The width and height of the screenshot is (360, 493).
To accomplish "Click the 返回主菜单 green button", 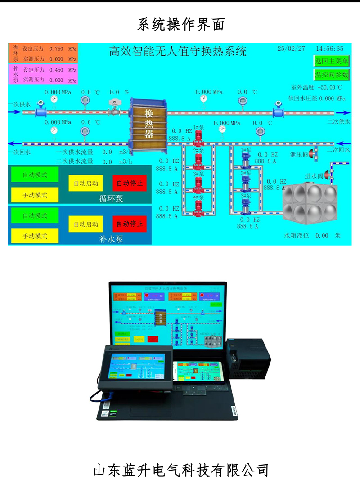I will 332,61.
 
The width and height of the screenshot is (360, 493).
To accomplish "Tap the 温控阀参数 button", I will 332,74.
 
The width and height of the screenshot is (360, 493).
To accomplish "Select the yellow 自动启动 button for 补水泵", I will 85,224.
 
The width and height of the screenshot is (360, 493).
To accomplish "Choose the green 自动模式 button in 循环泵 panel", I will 35,175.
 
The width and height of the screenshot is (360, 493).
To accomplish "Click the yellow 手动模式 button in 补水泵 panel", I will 35,236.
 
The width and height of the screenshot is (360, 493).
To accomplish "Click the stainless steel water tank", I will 310,202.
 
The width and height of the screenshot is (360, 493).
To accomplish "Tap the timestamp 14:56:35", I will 329,49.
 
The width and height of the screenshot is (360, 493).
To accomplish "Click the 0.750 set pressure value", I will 56,49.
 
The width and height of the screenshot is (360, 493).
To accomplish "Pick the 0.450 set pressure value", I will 56,70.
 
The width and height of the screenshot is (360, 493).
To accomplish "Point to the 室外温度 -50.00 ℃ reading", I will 317,87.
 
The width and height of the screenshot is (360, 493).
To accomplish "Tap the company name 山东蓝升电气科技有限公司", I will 180,470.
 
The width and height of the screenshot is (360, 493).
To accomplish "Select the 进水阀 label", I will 314,176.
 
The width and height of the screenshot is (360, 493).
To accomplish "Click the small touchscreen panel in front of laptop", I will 135,367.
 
